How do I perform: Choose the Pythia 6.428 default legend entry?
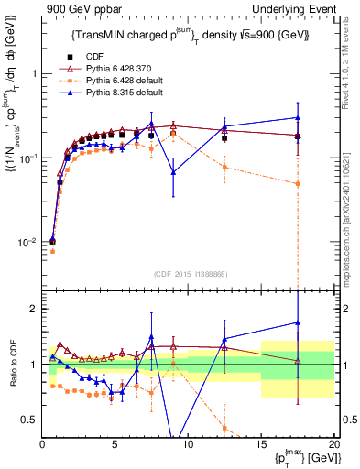[113, 82]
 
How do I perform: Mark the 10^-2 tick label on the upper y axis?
[26, 243]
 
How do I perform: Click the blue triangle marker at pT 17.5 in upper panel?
[297, 117]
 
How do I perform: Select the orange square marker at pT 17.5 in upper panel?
[297, 183]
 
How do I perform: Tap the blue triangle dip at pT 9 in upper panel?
[173, 146]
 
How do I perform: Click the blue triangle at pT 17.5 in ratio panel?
[297, 322]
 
